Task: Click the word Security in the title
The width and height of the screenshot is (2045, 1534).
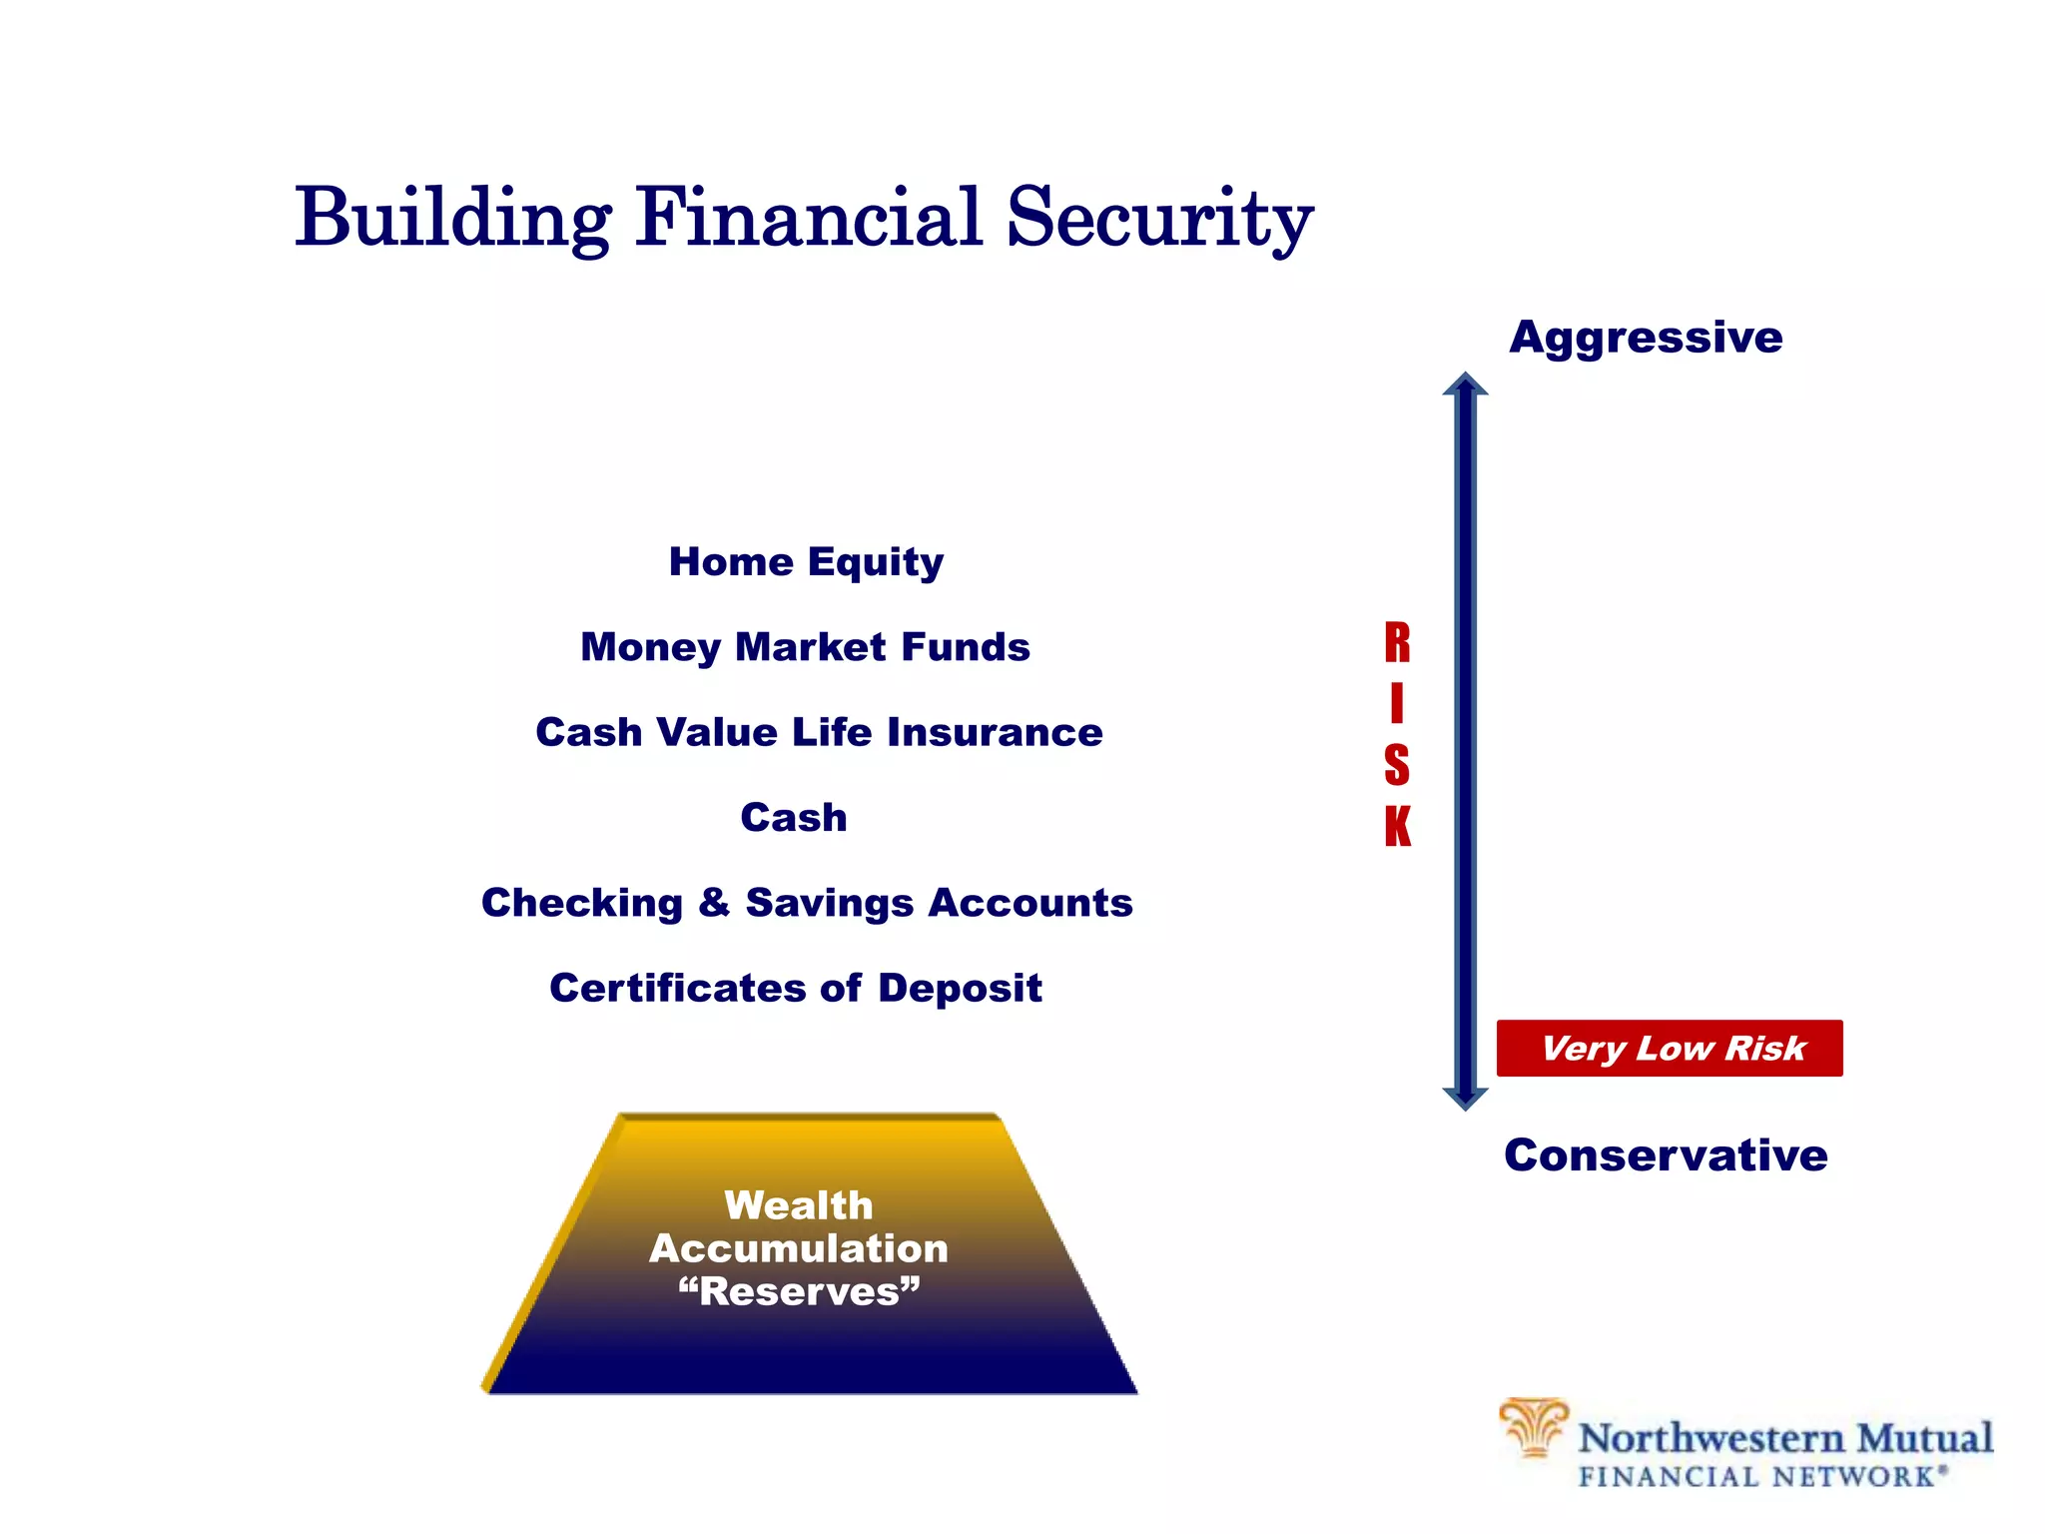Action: [1158, 219]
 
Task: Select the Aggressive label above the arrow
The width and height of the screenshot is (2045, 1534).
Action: [1646, 338]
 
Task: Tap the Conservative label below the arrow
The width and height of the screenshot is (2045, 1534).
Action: [1666, 1155]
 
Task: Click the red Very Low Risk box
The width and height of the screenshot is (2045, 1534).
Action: [1670, 1048]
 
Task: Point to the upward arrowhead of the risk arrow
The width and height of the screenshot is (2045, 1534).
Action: [1465, 385]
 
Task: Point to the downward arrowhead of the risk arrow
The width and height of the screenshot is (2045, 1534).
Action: [1465, 1098]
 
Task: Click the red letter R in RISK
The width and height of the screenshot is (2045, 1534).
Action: [1397, 643]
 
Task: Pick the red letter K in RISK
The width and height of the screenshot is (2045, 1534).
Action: [1397, 827]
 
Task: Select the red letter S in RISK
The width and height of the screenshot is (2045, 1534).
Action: [1397, 766]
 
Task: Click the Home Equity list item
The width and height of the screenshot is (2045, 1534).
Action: [806, 562]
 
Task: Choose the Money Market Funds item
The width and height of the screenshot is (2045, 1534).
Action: [805, 647]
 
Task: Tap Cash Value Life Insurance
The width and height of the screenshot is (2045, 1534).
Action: [819, 732]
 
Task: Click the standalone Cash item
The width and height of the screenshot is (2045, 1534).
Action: [794, 818]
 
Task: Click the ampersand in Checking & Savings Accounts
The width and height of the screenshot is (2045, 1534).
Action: [714, 902]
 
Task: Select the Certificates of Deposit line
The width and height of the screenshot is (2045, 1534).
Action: [796, 988]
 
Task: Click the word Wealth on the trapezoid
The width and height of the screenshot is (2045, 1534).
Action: [798, 1205]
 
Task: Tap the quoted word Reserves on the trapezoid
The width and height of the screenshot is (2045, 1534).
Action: [799, 1291]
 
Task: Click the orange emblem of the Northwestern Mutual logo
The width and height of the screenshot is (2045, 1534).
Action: [1533, 1427]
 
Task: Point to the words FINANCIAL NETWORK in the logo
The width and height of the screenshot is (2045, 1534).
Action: [1761, 1477]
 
